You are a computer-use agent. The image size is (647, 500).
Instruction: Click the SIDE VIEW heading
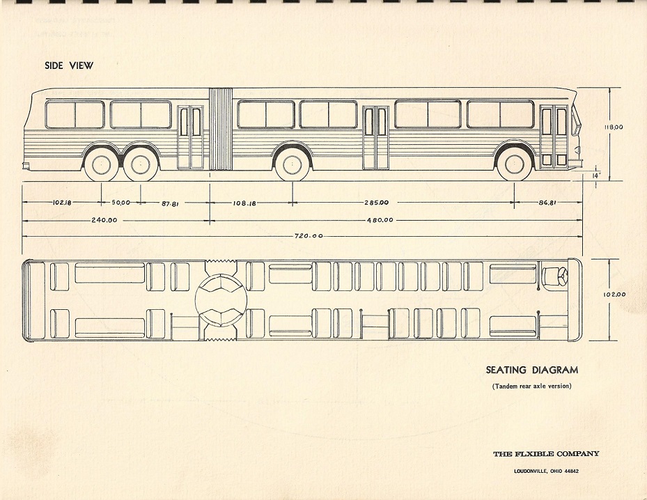click(x=68, y=65)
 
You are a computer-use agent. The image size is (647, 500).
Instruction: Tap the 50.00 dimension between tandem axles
click(x=120, y=203)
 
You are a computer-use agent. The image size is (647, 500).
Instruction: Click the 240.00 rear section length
click(x=104, y=220)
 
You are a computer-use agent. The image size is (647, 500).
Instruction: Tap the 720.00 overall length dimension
click(x=308, y=236)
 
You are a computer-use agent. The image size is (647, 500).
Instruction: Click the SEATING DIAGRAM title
click(x=532, y=370)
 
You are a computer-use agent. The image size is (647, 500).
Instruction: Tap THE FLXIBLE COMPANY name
click(x=546, y=454)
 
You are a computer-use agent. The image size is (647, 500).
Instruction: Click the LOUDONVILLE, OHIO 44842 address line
click(x=546, y=471)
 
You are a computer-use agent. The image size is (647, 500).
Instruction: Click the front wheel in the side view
click(x=515, y=164)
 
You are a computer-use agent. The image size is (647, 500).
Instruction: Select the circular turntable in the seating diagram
click(x=219, y=301)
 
